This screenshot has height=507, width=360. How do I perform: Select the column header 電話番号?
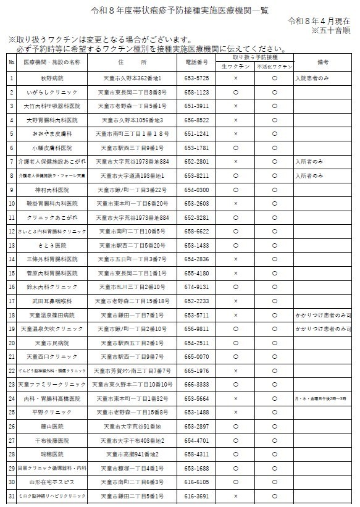pos(197,63)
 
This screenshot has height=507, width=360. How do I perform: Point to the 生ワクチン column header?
pos(236,67)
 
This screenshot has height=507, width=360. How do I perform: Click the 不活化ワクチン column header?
pos(274,67)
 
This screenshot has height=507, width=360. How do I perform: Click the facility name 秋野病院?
pos(52,78)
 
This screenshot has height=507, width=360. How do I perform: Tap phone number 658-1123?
pos(197,92)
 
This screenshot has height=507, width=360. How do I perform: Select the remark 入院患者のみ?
pos(313,78)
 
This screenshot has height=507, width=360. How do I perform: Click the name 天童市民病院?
pos(52,343)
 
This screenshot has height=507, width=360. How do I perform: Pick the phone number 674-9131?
pos(197,287)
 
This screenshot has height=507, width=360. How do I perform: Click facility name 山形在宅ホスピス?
pos(52,482)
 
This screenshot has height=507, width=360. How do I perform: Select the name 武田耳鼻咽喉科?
pos(52,301)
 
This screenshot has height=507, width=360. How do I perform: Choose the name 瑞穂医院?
pos(52,455)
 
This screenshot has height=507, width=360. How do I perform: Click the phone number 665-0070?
pos(197,357)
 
